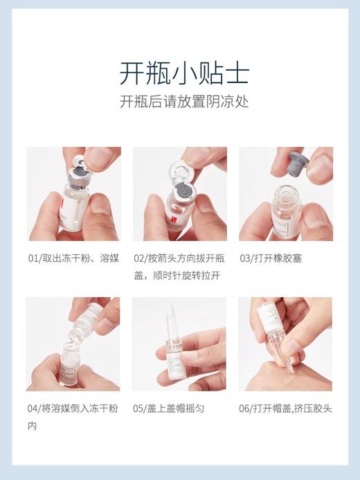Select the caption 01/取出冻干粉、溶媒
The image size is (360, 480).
(73, 258)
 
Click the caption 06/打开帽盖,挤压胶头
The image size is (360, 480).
(285, 409)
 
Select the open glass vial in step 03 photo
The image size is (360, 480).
(283, 211)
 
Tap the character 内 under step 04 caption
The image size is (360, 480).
(32, 425)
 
